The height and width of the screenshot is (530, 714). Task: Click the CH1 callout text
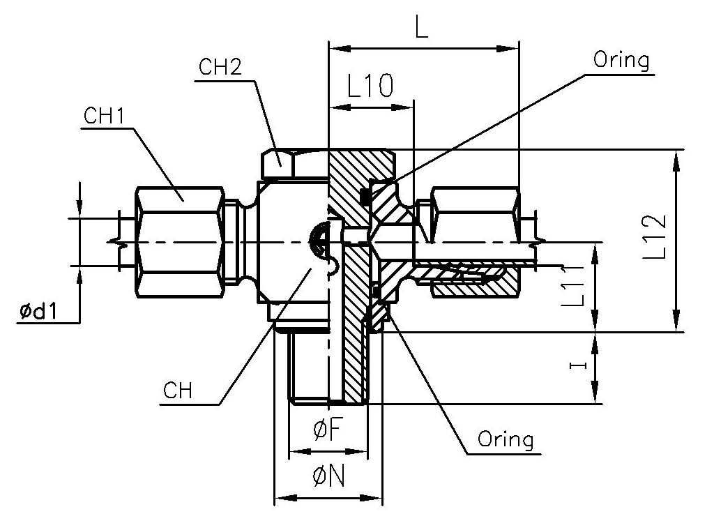(x=103, y=116)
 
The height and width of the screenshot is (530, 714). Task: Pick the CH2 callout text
(x=220, y=68)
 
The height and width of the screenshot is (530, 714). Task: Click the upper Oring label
(x=621, y=60)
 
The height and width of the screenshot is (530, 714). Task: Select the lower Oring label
(x=506, y=439)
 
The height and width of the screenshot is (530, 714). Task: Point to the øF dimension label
(x=327, y=432)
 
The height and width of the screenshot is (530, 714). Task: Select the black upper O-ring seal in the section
(x=365, y=197)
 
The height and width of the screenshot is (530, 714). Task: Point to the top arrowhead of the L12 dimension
(x=675, y=158)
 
